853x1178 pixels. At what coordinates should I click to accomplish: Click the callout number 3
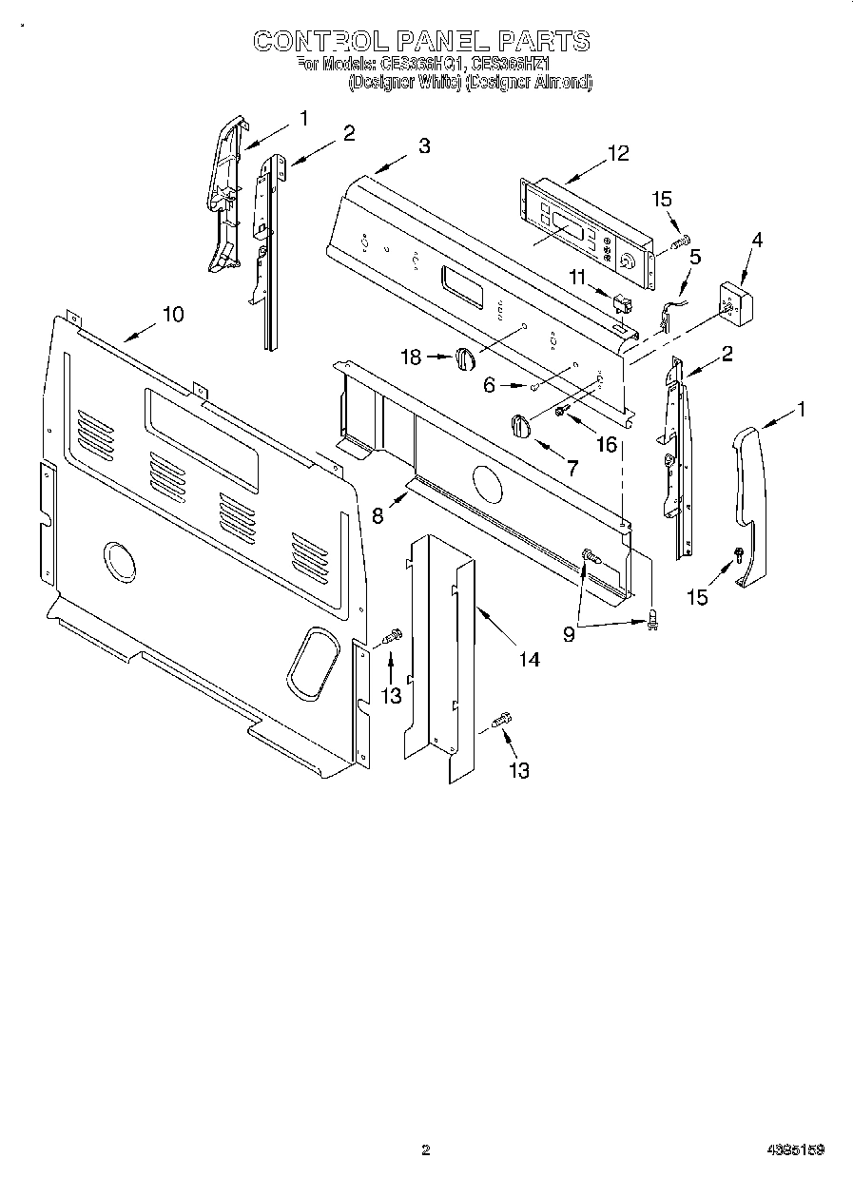(x=423, y=146)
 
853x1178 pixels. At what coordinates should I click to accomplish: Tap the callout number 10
(x=172, y=315)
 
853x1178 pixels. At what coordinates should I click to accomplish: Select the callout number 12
(x=618, y=153)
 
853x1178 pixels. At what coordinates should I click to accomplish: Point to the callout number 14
(x=529, y=659)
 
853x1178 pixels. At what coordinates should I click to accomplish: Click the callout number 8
(x=378, y=515)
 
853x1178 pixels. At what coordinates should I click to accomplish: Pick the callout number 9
(x=569, y=633)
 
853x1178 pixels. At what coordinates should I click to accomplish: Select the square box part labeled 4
(x=733, y=301)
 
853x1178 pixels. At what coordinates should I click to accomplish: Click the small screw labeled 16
(x=562, y=410)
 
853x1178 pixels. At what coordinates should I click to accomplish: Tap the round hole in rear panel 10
(x=118, y=561)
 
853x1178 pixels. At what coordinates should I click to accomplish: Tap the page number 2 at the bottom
(x=425, y=1149)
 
